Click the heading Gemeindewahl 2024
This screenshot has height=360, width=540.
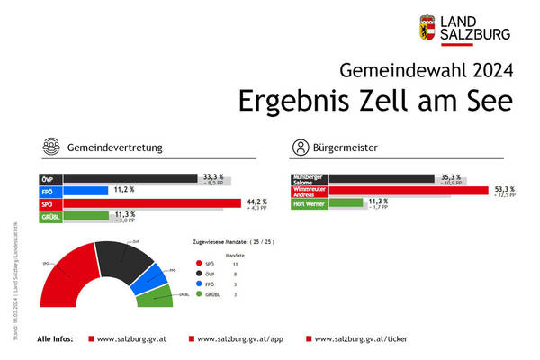click(428, 70)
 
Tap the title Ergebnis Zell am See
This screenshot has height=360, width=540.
click(375, 101)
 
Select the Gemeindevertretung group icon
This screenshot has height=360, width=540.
click(50, 147)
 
